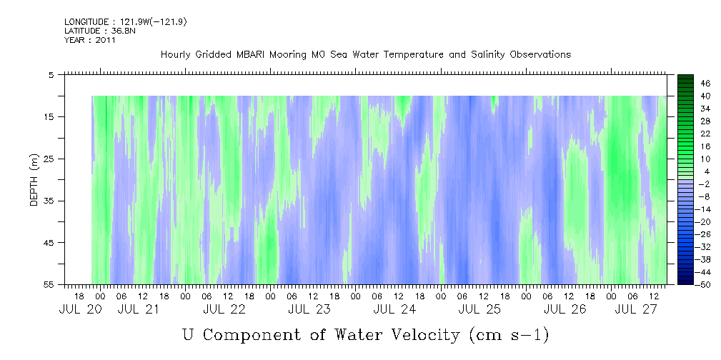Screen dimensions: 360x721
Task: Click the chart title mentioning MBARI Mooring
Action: (x=365, y=55)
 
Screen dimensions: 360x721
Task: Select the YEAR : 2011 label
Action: (x=89, y=40)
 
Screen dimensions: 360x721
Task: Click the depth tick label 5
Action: (x=51, y=74)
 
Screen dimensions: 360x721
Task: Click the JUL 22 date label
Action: (x=224, y=309)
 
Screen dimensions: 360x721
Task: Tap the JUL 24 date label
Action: (x=394, y=309)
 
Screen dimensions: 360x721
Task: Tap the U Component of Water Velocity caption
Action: (x=365, y=334)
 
